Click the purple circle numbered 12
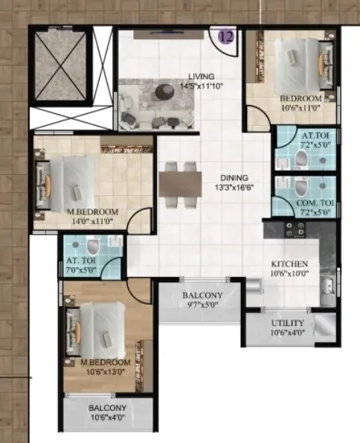pos(226,36)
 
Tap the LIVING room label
pos(202,76)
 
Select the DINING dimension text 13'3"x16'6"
pos(234,188)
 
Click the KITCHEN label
pos(289,264)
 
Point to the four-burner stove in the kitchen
pos(295,229)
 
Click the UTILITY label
pos(288,323)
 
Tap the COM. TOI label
pos(315,203)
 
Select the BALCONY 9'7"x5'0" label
pos(202,300)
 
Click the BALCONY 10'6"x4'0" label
pos(107,412)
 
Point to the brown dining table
pos(181,184)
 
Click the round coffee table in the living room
pos(164,91)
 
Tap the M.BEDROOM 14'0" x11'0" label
pos(92,217)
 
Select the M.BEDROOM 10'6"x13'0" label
pos(106,367)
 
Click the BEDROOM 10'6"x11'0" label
pos(300,103)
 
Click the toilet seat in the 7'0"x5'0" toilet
pos(93,246)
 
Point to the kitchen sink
pos(328,287)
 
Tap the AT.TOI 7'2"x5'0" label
pos(315,140)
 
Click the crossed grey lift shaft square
pos(61,66)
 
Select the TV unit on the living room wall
pos(169,34)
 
